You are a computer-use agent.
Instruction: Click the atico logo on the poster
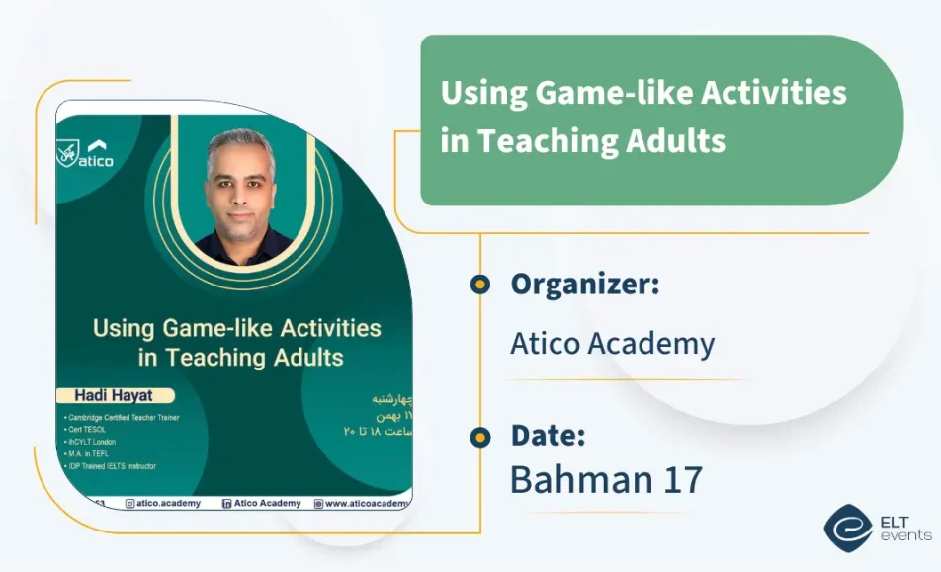pyautogui.click(x=86, y=154)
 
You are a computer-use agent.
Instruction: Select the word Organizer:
pyautogui.click(x=584, y=285)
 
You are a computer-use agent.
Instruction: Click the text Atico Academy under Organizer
pyautogui.click(x=612, y=343)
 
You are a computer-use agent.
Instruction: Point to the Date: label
pyautogui.click(x=548, y=435)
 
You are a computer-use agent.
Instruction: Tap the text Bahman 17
pyautogui.click(x=605, y=480)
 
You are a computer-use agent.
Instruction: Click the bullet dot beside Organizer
pyautogui.click(x=479, y=285)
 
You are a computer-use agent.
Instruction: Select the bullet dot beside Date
pyautogui.click(x=479, y=436)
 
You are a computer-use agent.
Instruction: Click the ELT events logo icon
pyautogui.click(x=846, y=527)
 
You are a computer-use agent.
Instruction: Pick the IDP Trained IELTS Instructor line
pyautogui.click(x=113, y=466)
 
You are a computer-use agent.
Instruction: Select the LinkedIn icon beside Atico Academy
pyautogui.click(x=227, y=503)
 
